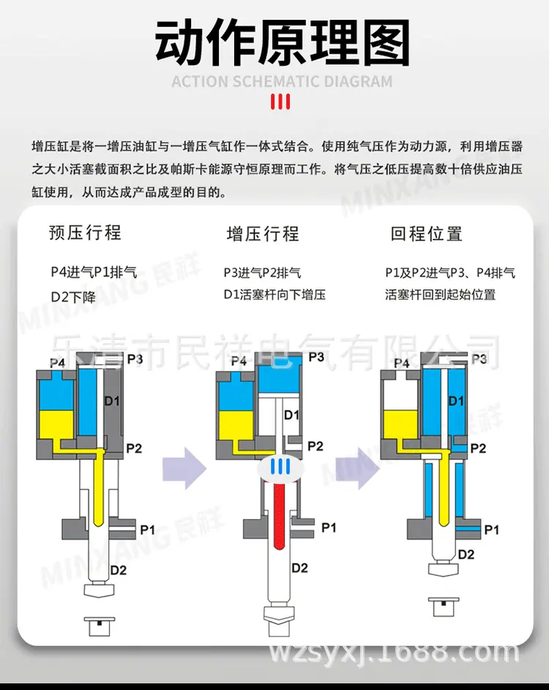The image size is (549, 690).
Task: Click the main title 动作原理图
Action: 282,42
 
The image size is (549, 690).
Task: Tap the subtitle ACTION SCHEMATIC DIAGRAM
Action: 282,82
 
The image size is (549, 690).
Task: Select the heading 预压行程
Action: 85,232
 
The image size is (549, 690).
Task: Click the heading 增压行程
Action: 263,234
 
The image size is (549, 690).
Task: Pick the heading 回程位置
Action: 426,234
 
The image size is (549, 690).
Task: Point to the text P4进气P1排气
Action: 94,272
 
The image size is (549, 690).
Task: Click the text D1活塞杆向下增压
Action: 274,294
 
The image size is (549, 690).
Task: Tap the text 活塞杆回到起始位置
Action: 441,294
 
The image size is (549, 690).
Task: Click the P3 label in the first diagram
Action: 135,359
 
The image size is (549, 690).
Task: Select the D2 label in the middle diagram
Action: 299,568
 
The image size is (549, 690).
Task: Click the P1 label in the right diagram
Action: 491,530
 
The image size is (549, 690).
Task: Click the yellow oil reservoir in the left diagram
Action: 57,425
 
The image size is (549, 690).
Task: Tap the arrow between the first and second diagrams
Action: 184,468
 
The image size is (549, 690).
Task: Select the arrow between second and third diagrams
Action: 357,468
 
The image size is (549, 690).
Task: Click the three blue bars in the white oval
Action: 280,466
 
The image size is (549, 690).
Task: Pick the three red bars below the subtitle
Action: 280,102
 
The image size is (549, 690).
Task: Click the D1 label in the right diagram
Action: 456,401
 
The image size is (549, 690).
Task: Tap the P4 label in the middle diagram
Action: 239,361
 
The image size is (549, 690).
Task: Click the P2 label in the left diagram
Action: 134,448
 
